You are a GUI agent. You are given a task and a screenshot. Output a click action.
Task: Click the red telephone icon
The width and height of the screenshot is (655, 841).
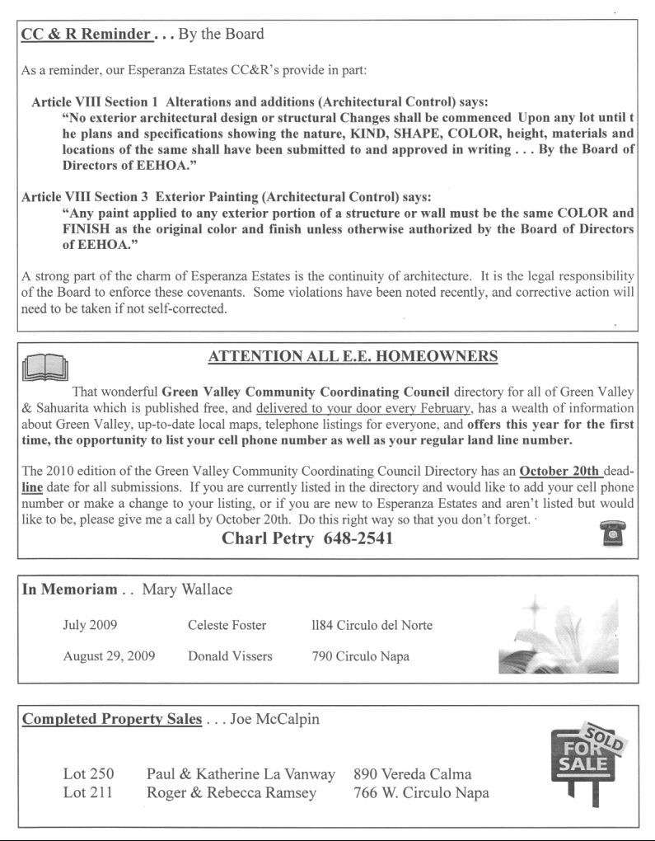tap(611, 534)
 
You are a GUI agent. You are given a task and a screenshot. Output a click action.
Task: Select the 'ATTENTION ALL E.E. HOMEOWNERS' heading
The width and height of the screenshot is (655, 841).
tap(353, 356)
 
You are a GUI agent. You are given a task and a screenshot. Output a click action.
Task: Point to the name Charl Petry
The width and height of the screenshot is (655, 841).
tap(269, 538)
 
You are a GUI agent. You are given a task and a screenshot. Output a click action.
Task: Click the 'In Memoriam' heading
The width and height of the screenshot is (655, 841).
tap(68, 590)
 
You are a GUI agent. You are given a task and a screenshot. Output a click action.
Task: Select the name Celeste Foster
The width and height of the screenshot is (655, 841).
tap(227, 625)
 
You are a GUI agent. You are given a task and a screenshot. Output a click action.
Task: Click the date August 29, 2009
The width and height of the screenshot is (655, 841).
tap(109, 656)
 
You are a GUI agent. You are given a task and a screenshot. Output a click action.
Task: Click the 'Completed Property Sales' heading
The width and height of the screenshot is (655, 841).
tap(111, 719)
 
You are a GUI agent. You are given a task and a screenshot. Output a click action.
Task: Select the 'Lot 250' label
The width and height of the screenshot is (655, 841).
tap(88, 774)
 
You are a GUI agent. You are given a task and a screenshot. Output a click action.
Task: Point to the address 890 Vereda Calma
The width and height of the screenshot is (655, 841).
tap(412, 774)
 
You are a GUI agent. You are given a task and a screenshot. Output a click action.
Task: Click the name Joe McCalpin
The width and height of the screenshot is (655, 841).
tap(274, 719)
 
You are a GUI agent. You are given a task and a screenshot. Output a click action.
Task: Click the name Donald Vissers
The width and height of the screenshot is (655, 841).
tap(230, 656)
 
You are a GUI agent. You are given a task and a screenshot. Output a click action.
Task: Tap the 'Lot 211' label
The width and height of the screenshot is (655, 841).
tap(87, 793)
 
